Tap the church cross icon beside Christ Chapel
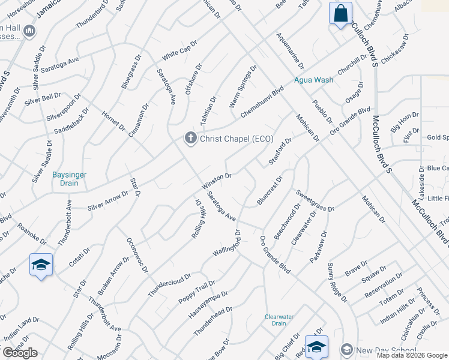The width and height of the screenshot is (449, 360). coord(191,139)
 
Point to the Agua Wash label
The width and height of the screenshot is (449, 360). coord(313,80)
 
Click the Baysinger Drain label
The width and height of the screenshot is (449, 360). coord(69,179)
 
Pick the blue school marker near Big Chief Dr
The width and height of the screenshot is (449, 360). coord(316,346)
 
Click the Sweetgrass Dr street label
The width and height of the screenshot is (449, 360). coord(315,200)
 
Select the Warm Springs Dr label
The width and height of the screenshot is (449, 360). coord(243,86)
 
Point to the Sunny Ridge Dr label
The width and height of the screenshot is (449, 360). coord(336,281)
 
